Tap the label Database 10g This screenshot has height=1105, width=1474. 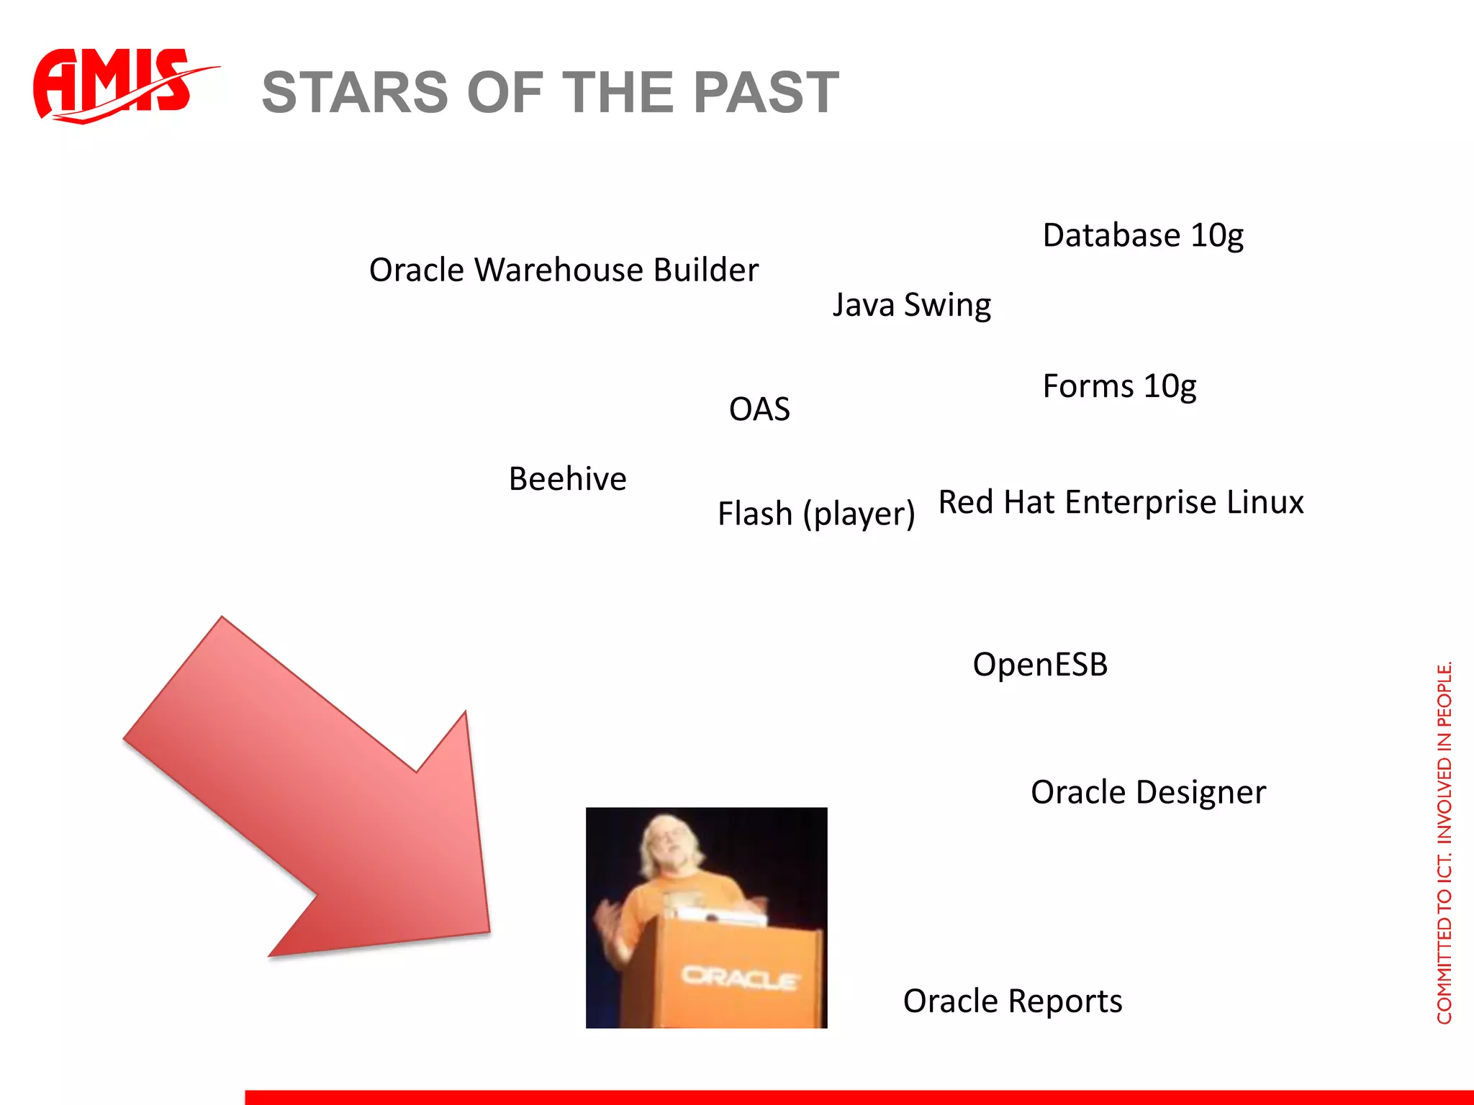click(1142, 236)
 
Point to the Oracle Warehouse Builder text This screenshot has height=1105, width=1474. click(564, 270)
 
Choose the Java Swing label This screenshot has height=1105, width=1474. click(911, 305)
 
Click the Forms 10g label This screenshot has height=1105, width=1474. click(1118, 387)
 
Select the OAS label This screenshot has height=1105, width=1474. click(759, 409)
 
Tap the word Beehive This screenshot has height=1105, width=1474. click(567, 479)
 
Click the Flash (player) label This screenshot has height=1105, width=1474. click(815, 514)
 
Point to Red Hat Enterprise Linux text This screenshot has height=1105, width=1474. click(1121, 502)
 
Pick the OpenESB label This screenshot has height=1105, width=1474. click(1039, 664)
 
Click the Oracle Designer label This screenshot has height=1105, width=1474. click(1147, 793)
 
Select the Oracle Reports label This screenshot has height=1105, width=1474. click(1012, 1001)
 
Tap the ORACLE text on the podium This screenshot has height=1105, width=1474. click(739, 978)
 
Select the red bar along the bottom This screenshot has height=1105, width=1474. click(856, 1097)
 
